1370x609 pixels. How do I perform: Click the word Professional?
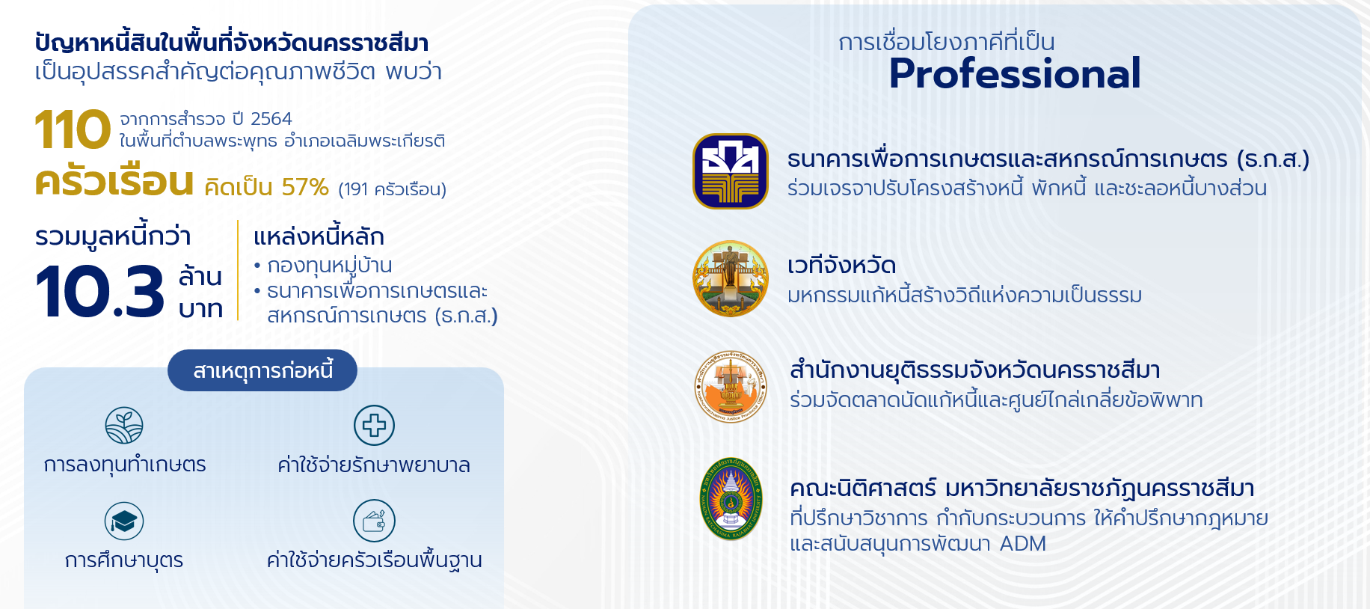click(x=1015, y=73)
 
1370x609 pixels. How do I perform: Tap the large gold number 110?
click(x=73, y=129)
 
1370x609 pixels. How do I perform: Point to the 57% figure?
click(x=305, y=187)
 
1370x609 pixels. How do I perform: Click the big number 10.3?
click(x=99, y=291)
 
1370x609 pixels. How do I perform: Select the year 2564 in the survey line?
click(x=271, y=119)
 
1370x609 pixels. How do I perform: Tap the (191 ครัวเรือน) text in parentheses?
click(x=392, y=189)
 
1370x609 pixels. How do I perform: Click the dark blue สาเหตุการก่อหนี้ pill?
click(x=262, y=370)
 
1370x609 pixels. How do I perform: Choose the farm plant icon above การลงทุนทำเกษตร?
click(x=124, y=426)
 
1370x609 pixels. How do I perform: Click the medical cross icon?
click(x=374, y=425)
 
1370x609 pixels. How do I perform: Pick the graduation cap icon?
click(x=124, y=521)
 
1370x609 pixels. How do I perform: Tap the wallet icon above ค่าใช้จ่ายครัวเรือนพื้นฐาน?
click(x=374, y=521)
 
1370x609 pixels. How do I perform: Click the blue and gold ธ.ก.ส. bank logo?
click(x=731, y=171)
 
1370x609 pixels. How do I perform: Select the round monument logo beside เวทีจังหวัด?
click(x=731, y=278)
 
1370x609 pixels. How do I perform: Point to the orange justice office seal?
click(x=731, y=387)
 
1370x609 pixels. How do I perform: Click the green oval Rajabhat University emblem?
click(x=731, y=499)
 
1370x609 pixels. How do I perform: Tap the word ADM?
click(x=1022, y=544)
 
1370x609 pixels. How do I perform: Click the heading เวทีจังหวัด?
click(x=841, y=266)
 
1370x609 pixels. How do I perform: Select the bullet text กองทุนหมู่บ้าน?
click(x=330, y=266)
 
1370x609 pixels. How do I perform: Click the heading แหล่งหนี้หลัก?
click(x=319, y=236)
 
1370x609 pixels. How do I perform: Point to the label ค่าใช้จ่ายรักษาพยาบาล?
click(x=374, y=465)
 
